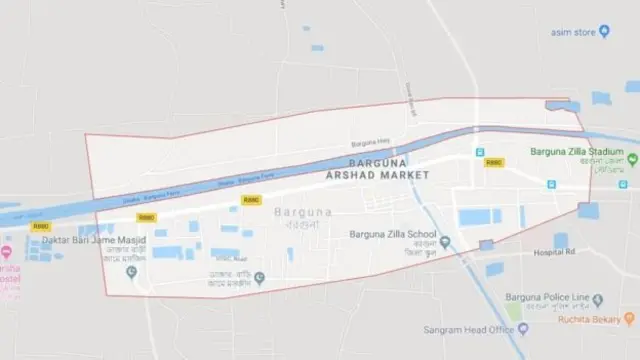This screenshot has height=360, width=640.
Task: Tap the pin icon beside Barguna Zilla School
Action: pyautogui.click(x=444, y=241)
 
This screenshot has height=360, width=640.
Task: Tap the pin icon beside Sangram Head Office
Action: pyautogui.click(x=522, y=328)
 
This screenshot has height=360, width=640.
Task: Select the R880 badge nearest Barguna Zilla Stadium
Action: pyautogui.click(x=492, y=162)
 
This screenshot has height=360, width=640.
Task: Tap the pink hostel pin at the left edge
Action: pyautogui.click(x=5, y=249)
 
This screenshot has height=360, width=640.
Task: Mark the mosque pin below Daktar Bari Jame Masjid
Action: pyautogui.click(x=131, y=271)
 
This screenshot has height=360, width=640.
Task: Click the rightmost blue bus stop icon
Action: pyautogui.click(x=624, y=183)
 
